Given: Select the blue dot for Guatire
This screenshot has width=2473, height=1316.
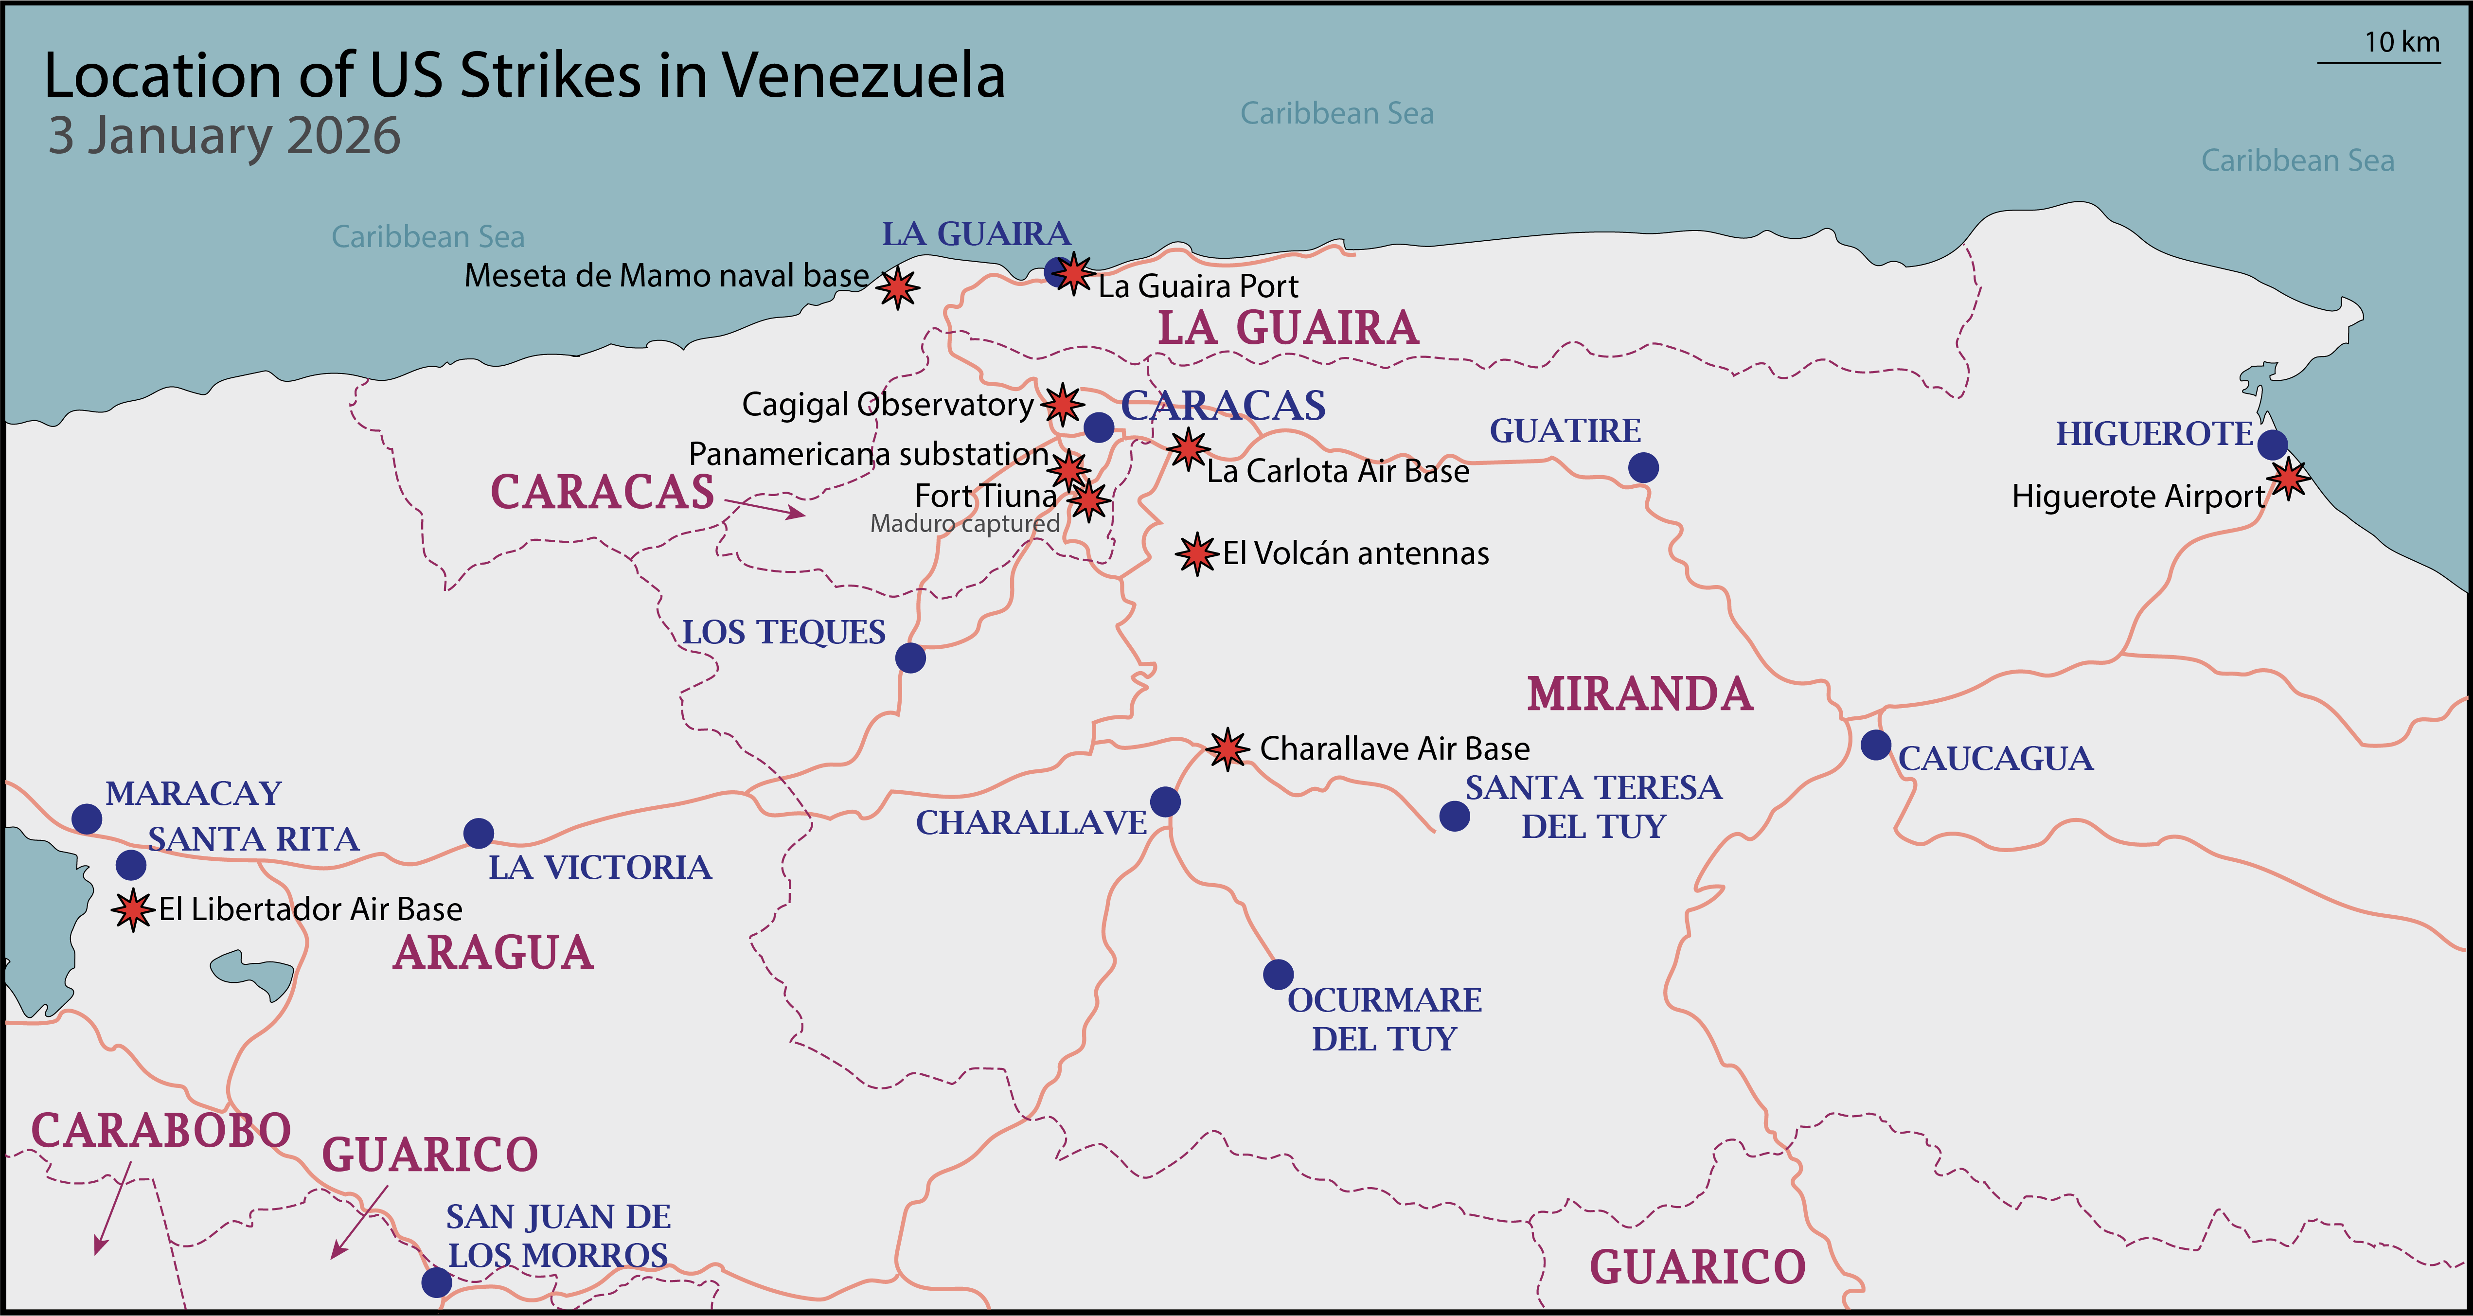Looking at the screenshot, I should [x=1642, y=467].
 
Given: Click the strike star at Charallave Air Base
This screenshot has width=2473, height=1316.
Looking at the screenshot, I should [x=1227, y=749].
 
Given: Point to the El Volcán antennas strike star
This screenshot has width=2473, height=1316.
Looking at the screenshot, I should [x=1196, y=554].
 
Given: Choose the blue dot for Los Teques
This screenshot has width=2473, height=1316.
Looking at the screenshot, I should [x=910, y=658].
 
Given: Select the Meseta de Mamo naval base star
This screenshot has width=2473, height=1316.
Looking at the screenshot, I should [x=898, y=287].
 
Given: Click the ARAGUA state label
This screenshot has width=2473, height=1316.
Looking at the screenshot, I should [x=494, y=953].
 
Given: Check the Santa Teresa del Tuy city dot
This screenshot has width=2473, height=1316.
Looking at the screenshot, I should [x=1455, y=816].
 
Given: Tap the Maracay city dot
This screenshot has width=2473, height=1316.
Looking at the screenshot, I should [x=87, y=819].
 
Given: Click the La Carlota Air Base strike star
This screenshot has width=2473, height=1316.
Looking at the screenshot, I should [x=1188, y=448].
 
